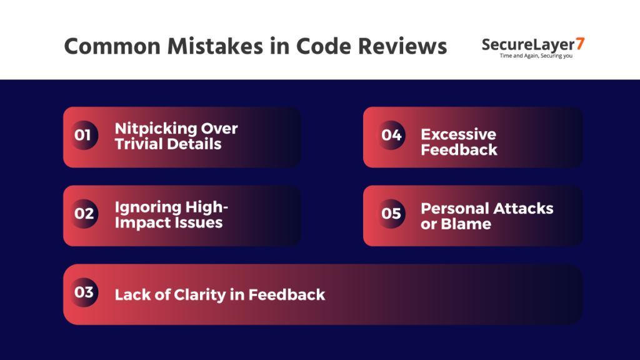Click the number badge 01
(83, 136)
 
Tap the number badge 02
(83, 214)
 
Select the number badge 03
(83, 292)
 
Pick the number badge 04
(391, 135)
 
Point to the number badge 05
(391, 214)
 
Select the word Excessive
(458, 134)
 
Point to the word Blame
(466, 224)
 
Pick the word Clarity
(197, 294)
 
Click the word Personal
(456, 208)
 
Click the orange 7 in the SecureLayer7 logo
(580, 44)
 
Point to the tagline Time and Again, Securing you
(536, 56)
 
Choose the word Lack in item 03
(130, 294)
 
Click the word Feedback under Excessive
(459, 149)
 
